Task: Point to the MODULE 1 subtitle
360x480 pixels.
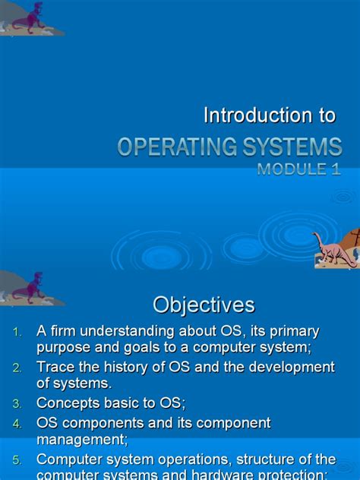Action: (x=298, y=169)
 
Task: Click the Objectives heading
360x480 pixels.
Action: (x=204, y=305)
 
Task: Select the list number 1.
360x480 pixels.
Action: (x=17, y=333)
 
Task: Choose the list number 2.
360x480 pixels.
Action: (x=17, y=368)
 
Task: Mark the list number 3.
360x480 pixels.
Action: (x=17, y=403)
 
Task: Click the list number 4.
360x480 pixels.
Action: (x=17, y=424)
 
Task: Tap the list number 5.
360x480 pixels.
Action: (x=17, y=459)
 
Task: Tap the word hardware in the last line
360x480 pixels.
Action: (x=244, y=474)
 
